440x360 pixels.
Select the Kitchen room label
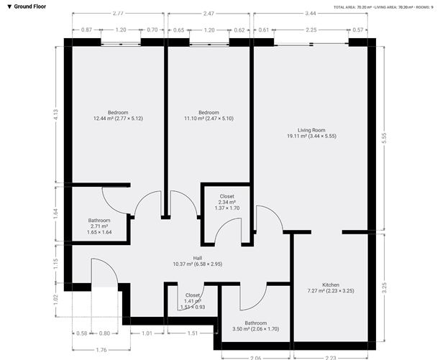[x=331, y=285]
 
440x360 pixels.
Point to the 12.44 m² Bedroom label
[x=118, y=113]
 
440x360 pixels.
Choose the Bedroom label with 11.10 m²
[x=208, y=113]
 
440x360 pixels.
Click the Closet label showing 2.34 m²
[x=226, y=195]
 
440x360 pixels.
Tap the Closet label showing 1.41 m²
[x=193, y=295]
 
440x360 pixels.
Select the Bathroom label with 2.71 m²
[x=99, y=221]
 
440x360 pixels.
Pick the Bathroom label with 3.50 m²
[x=256, y=323]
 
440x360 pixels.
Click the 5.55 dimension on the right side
[x=385, y=139]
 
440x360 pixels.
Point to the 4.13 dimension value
[x=57, y=114]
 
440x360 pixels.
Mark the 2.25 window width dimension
[x=311, y=30]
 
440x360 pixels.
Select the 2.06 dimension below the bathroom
[x=256, y=356]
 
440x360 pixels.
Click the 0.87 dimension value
[x=86, y=30]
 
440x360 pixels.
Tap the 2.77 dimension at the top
[x=118, y=14]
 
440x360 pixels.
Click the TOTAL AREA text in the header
[x=344, y=6]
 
